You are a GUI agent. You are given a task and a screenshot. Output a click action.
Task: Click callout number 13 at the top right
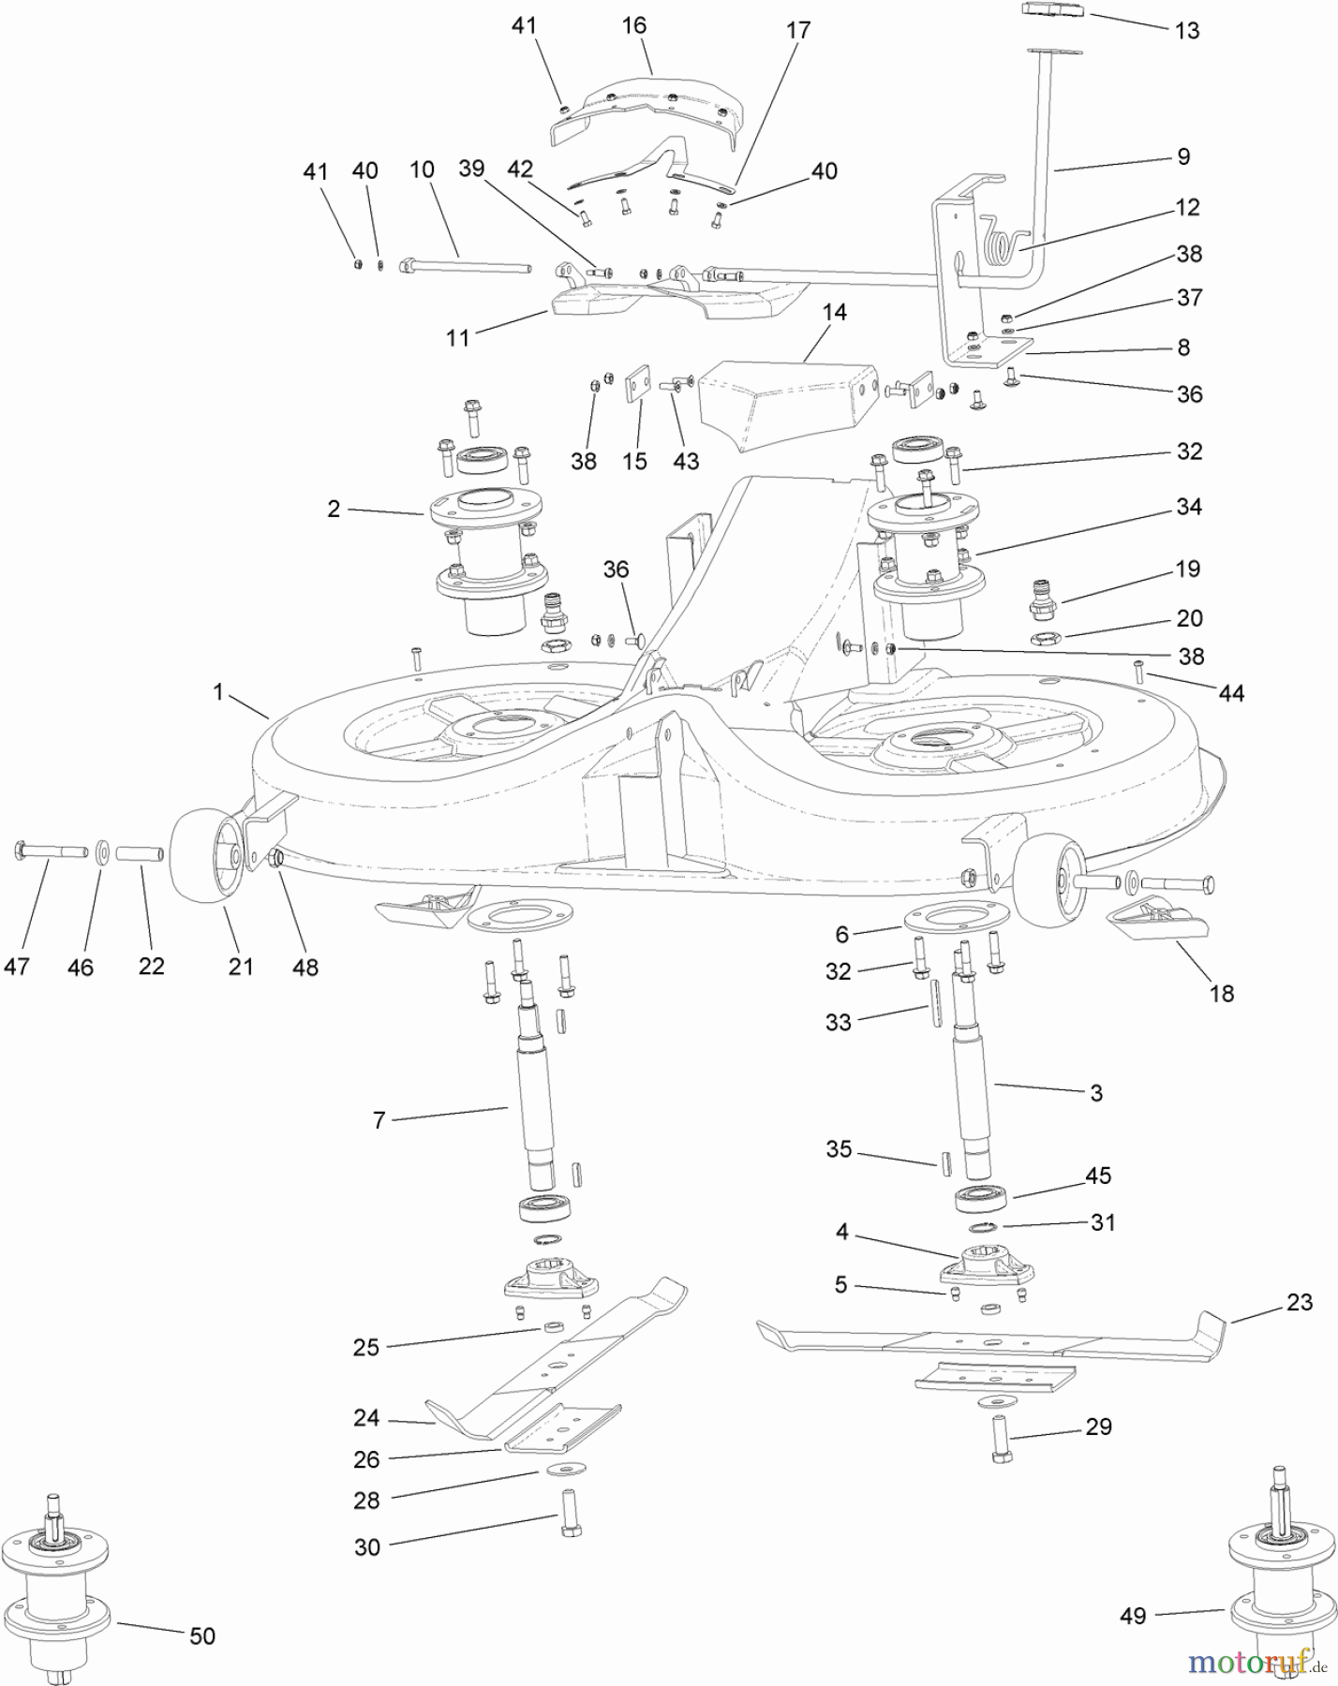coord(1187,31)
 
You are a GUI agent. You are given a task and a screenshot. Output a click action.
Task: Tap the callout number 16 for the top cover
coord(634,25)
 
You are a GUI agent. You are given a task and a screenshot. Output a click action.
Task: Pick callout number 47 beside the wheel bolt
coord(17,966)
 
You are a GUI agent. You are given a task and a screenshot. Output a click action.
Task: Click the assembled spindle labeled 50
coord(58,1583)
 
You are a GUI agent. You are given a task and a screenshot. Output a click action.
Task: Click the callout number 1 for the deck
coord(218,692)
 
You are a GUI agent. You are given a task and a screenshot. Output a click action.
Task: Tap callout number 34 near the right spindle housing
coord(1189,507)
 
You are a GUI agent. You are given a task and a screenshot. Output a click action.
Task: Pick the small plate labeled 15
coord(638,384)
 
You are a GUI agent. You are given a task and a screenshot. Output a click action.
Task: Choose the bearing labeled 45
coord(981,1198)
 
